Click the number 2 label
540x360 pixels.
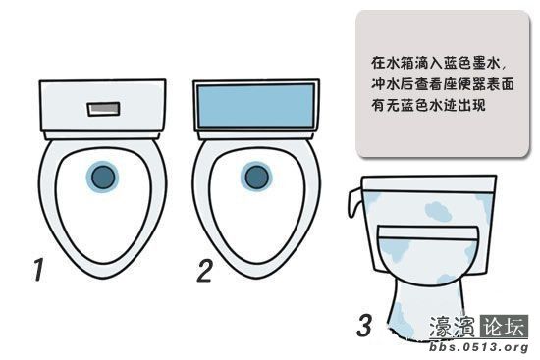[x=203, y=270]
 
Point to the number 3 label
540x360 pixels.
[x=364, y=324]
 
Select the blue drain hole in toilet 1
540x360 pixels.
[x=101, y=177]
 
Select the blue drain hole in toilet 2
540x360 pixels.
[x=256, y=177]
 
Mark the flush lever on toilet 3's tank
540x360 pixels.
[x=354, y=202]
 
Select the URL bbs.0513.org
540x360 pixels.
[x=480, y=348]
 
